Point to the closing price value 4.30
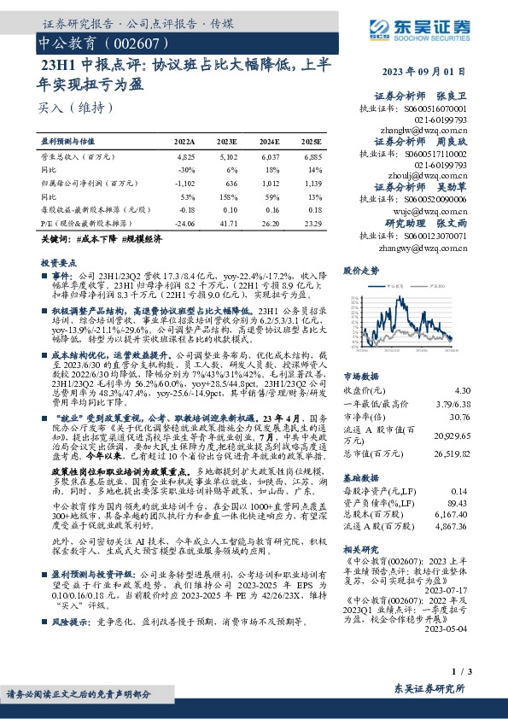484,388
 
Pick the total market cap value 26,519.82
475,455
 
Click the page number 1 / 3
482,675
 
